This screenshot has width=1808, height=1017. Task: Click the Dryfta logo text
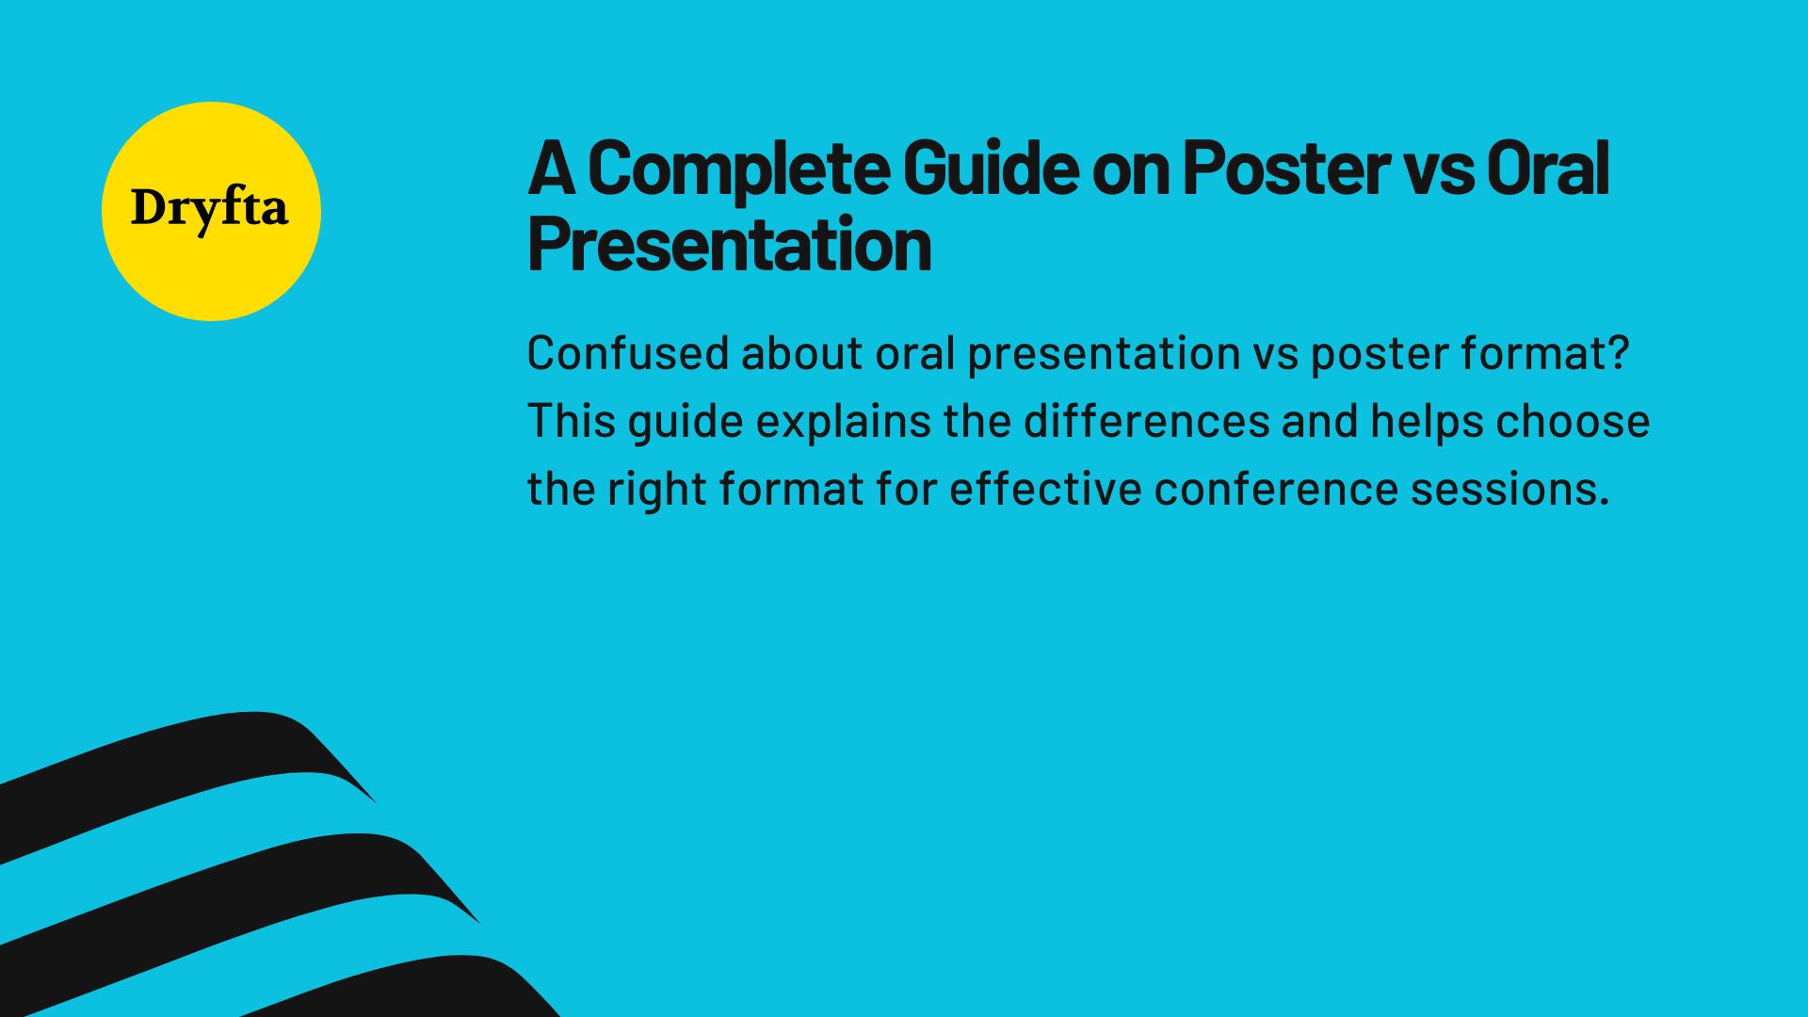[209, 209]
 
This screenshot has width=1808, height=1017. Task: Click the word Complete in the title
[737, 169]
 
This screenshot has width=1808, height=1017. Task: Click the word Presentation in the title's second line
[730, 245]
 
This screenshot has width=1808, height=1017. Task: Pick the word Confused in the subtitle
[627, 354]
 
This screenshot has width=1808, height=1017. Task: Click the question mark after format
[1619, 354]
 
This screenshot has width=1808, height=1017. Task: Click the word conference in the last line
[1276, 489]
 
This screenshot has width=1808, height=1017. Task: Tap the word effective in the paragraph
[1045, 489]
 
